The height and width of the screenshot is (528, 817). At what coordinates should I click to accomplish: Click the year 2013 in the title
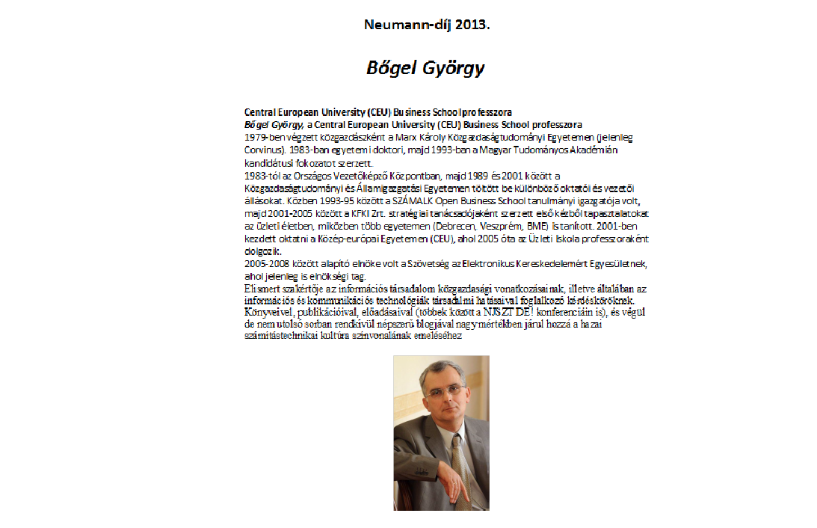[472, 24]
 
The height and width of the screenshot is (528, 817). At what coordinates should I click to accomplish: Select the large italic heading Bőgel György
[425, 68]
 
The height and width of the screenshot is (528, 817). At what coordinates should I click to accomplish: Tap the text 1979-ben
[267, 138]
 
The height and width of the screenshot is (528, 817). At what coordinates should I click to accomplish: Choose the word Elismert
[264, 288]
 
